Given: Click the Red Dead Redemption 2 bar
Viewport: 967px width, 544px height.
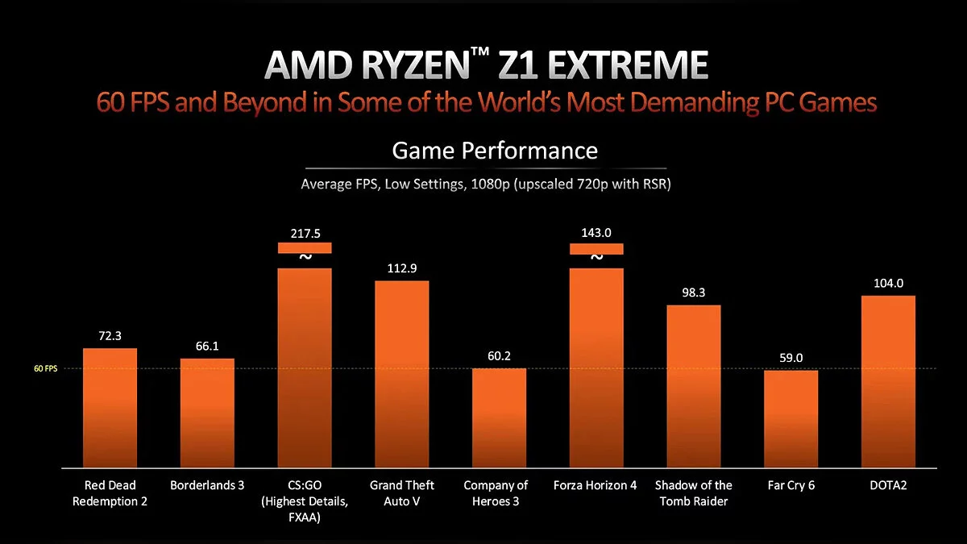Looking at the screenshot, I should [110, 408].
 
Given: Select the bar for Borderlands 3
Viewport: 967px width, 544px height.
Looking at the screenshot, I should [207, 413].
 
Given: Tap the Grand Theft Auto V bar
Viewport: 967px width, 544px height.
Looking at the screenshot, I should [402, 374].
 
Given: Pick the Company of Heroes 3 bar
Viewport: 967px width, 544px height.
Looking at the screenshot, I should [499, 417].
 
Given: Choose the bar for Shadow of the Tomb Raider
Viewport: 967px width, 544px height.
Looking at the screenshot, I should [693, 386].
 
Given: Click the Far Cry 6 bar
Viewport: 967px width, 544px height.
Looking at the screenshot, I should [791, 419].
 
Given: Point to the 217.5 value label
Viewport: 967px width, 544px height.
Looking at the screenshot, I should [305, 234].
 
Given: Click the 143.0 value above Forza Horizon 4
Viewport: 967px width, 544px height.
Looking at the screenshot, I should [596, 234].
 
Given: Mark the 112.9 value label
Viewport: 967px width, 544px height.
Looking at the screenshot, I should [402, 268].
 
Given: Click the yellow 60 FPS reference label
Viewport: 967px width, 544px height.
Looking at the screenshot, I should [45, 369].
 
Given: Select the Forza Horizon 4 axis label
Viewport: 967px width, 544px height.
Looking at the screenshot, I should [596, 485].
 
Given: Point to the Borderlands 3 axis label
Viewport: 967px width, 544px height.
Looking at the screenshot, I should [207, 485].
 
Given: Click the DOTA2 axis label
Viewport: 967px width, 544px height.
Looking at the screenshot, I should [888, 485].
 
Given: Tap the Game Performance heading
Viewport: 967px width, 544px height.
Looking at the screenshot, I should [495, 150].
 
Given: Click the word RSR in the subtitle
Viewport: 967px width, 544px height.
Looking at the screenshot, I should [655, 185].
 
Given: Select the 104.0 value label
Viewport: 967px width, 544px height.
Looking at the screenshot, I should [888, 283].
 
